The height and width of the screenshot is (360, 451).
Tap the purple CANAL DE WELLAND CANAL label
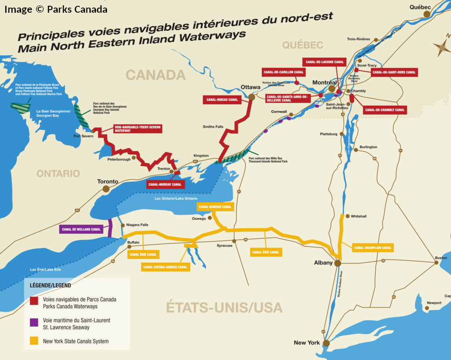tap(81, 229)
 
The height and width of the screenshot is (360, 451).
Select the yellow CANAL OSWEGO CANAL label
tap(214, 207)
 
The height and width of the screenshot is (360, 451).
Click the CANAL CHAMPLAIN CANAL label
tap(373, 248)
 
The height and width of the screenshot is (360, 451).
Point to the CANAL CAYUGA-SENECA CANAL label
tap(165, 267)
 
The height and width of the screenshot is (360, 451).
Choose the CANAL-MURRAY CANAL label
tap(165, 184)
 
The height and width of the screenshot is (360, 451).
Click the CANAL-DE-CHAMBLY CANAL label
tap(384, 110)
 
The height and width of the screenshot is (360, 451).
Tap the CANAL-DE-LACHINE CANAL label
tap(324, 62)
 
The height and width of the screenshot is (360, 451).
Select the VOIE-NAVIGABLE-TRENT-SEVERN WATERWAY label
tap(137, 129)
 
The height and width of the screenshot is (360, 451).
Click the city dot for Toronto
tap(106, 189)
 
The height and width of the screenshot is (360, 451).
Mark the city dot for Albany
tap(337, 263)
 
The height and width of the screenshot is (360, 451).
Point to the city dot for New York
tap(326, 343)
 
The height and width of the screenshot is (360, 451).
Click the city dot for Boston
tap(436, 263)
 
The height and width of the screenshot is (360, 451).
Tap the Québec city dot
tap(427, 14)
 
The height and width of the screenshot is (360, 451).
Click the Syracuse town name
tap(224, 246)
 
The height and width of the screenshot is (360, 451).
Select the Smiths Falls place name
tap(213, 127)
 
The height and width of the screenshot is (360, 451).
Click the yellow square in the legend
tap(34, 341)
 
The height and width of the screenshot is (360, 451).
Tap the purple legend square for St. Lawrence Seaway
tap(34, 322)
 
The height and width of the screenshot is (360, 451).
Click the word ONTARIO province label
tap(58, 173)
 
